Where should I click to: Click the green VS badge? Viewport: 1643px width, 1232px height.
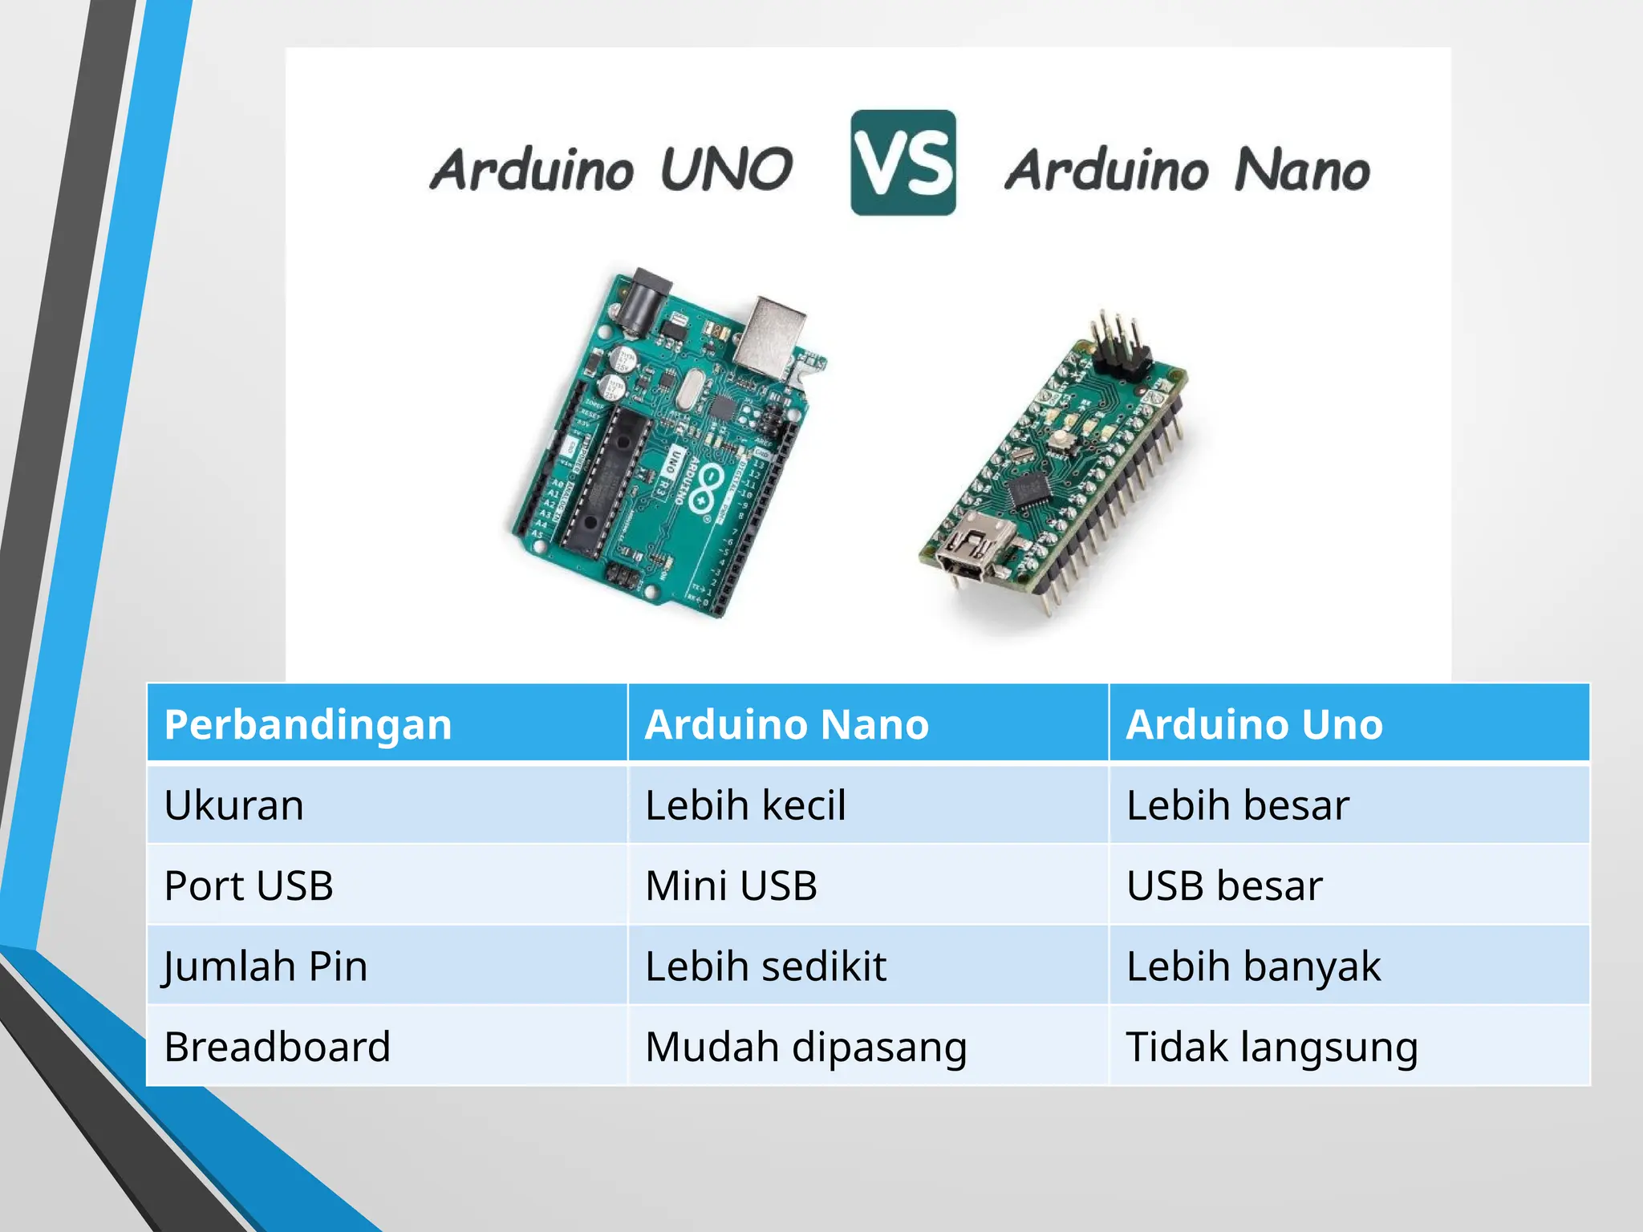click(903, 163)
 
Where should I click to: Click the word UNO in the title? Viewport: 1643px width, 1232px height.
click(726, 169)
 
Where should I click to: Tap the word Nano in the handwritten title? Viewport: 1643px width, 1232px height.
click(1301, 171)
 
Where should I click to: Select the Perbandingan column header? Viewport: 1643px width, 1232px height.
click(308, 724)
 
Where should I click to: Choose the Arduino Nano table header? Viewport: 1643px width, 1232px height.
click(786, 724)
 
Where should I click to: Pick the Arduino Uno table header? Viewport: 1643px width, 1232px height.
click(1254, 724)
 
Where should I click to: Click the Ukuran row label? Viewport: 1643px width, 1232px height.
click(234, 805)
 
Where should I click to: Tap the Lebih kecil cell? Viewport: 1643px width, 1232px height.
click(745, 805)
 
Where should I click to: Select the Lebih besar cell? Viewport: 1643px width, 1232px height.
click(1237, 805)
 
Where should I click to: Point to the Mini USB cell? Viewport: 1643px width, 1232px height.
click(731, 885)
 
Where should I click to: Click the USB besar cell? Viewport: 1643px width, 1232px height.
click(1224, 885)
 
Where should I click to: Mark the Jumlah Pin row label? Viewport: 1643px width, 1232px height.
click(266, 966)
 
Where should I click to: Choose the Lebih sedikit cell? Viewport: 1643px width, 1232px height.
click(765, 966)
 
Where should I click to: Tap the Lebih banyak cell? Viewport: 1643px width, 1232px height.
click(1253, 966)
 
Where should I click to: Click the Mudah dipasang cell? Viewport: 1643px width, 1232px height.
click(805, 1047)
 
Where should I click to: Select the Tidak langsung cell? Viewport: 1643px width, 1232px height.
click(1272, 1047)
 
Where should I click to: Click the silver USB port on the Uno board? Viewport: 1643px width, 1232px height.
click(769, 334)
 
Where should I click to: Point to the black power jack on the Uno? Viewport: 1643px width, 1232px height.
click(646, 301)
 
